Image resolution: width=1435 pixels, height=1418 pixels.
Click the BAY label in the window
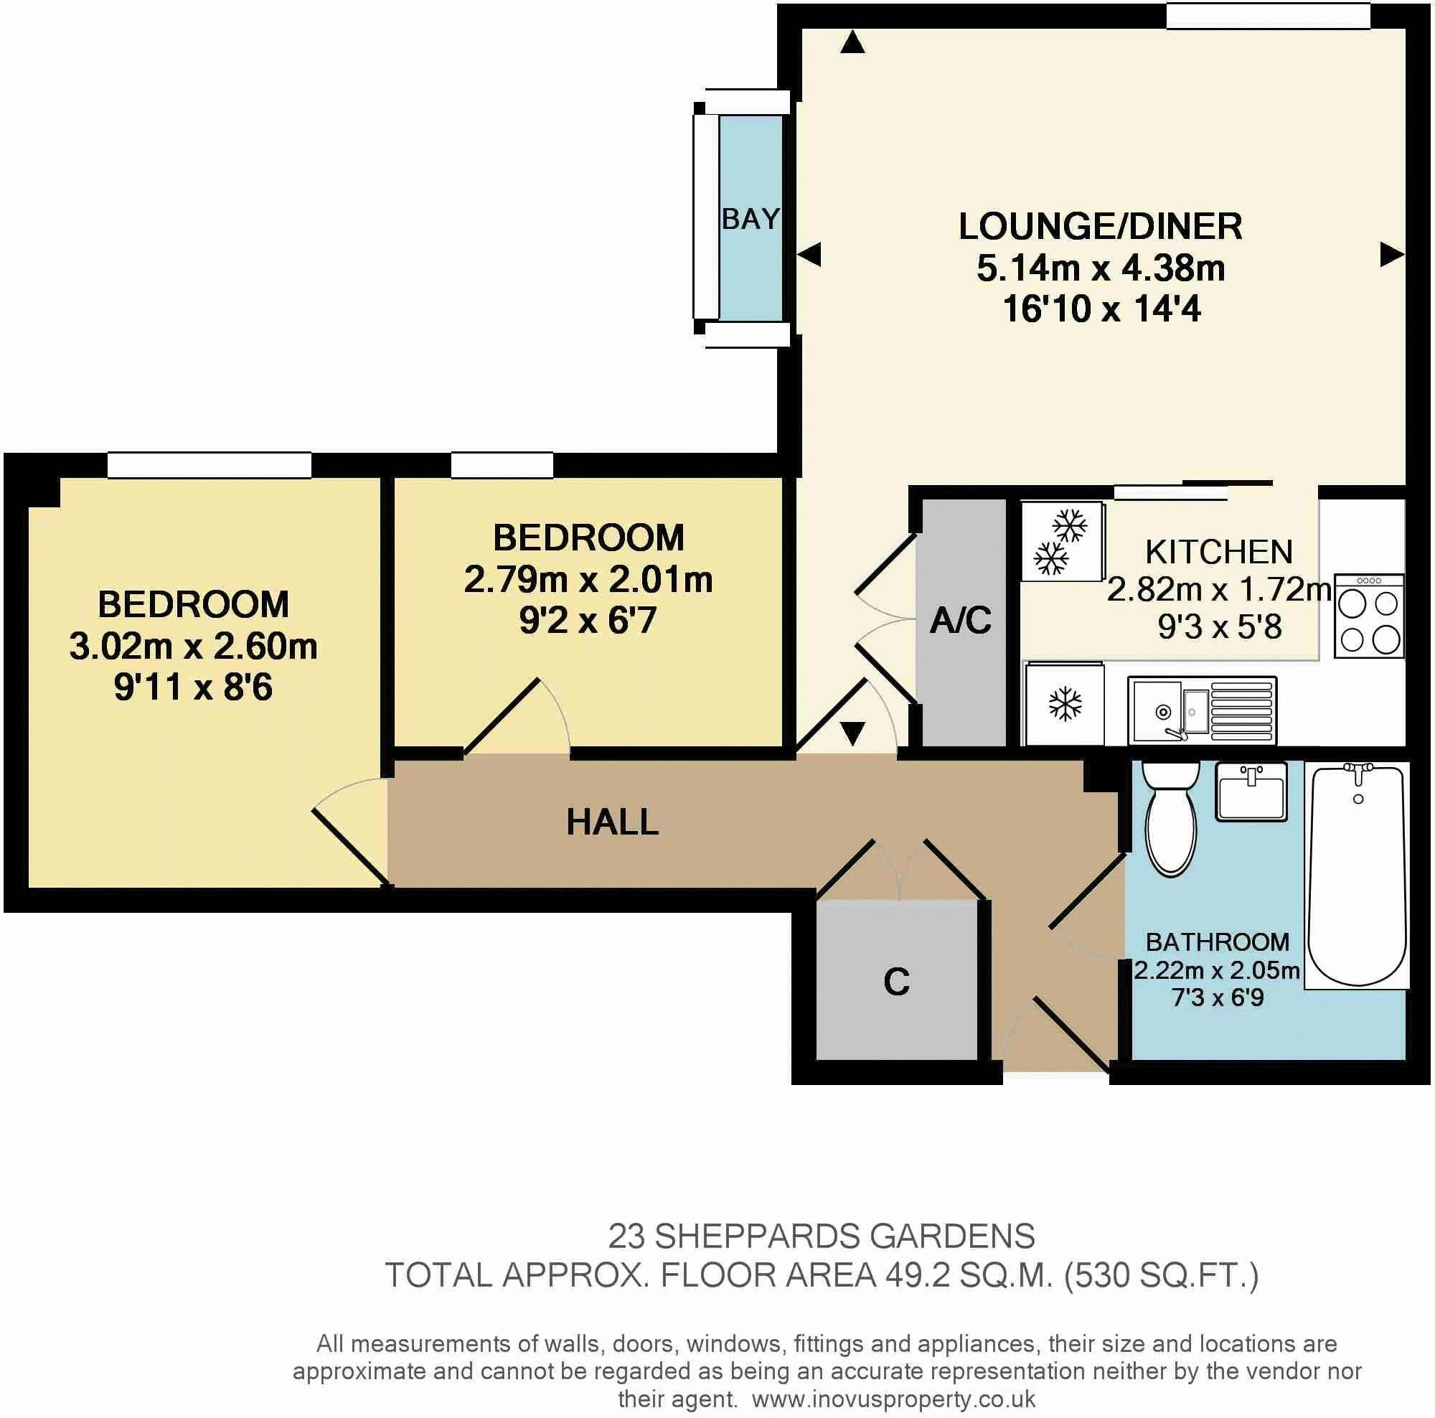point(751,219)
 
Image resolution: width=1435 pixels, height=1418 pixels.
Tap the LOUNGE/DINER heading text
point(1100,227)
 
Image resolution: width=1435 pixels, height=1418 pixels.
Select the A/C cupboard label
point(961,620)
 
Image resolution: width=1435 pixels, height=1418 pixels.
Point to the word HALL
point(612,822)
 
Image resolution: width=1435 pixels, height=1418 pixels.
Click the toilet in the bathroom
point(1170,817)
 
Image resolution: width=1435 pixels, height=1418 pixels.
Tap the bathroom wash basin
point(1251,791)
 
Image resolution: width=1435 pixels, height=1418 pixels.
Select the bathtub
point(1357,876)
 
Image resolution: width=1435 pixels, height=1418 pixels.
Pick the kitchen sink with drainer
point(1203,710)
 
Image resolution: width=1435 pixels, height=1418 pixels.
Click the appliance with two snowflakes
point(1062,542)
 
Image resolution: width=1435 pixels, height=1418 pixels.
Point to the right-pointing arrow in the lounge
point(1391,255)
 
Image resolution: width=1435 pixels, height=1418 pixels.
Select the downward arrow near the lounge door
point(852,733)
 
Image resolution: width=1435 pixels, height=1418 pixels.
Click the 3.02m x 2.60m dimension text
point(193,647)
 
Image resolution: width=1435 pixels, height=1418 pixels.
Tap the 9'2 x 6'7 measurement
point(588,620)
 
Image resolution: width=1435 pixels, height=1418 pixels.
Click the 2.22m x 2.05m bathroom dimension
point(1217,970)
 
